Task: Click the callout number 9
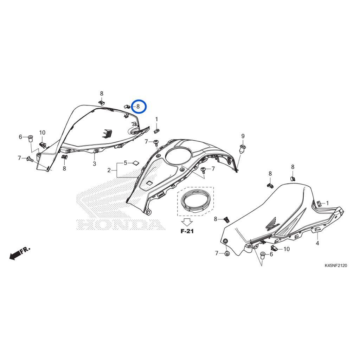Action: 243,136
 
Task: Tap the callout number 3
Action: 94,164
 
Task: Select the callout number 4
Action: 317,243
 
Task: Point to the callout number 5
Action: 126,163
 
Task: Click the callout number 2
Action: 109,170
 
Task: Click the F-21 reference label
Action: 187,231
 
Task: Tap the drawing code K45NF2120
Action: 336,266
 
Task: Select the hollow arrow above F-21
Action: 187,222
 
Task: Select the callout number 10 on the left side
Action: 42,133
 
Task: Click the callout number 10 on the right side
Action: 287,249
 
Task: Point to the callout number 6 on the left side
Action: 20,137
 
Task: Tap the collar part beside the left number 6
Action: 30,139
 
